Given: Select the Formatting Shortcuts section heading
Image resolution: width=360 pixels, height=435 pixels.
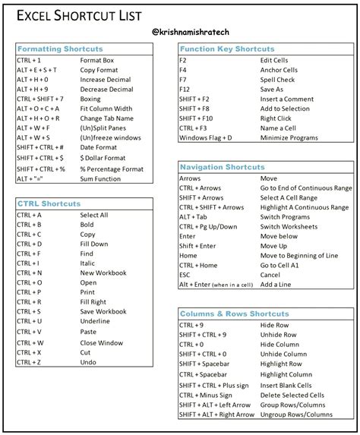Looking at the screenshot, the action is coord(60,49).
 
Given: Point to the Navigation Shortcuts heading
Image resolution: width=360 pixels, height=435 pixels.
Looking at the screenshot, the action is coord(223,166).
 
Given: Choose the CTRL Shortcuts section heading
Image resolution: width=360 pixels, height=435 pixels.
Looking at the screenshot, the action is coord(49,203).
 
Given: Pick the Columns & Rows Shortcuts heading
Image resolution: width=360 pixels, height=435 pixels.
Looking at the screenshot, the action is coord(234,314).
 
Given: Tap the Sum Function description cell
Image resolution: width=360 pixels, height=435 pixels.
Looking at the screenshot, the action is coord(100,178).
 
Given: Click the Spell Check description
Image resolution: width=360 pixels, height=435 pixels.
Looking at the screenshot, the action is coord(277,79).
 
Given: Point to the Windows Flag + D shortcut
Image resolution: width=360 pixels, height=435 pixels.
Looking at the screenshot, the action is coord(205,138).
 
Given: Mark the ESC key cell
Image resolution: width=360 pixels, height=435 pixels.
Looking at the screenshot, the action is coord(186,275).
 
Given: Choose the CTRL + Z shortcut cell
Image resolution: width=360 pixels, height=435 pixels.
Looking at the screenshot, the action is coord(29,362).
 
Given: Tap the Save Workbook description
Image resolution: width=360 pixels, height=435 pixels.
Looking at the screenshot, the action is coord(103,311).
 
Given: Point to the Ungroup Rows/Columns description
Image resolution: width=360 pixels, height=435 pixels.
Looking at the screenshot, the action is coord(296,415).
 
